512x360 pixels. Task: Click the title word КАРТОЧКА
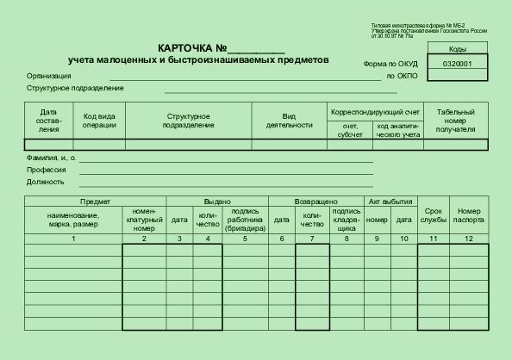[x=185, y=48]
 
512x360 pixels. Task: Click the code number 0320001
[x=457, y=64]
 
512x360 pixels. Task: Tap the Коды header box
[x=457, y=49]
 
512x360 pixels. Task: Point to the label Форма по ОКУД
[x=391, y=64]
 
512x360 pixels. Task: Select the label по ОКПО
[x=402, y=76]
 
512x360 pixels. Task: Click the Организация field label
[x=48, y=76]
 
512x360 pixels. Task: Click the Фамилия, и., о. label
[x=51, y=158]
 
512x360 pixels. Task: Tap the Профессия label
[x=46, y=170]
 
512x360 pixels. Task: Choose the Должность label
[x=46, y=182]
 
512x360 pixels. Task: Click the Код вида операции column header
[x=99, y=120]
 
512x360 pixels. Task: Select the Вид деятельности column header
[x=289, y=120]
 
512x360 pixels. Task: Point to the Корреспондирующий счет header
[x=375, y=112]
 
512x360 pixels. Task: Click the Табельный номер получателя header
[x=455, y=121]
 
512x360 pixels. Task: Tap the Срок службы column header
[x=434, y=215]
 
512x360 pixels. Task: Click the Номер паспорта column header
[x=469, y=215]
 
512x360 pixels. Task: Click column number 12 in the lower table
[x=469, y=238]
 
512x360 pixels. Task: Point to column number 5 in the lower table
[x=245, y=238]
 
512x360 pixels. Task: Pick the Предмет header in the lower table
[x=72, y=201]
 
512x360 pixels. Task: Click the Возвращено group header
[x=315, y=201]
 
